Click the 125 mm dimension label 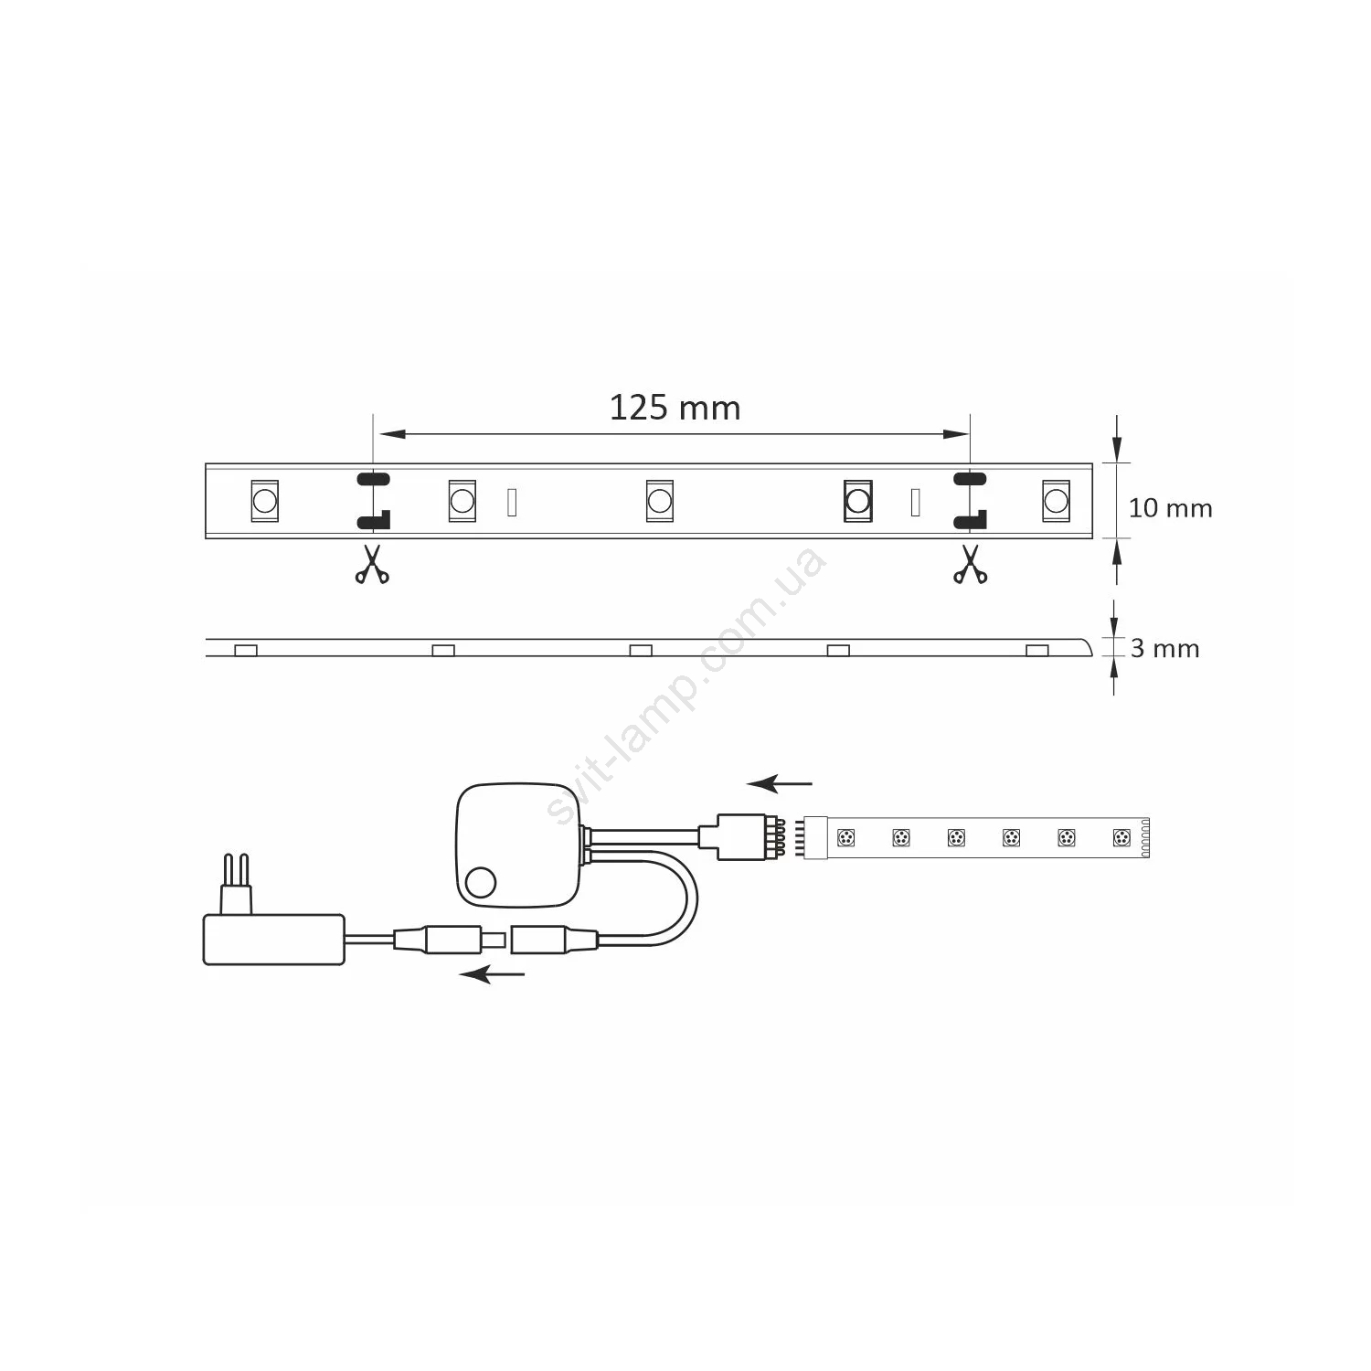(x=675, y=408)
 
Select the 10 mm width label (x=1170, y=508)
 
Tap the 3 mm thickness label (x=1164, y=649)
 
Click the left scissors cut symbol (x=372, y=564)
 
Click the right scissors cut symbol (x=970, y=564)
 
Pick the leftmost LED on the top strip (x=264, y=501)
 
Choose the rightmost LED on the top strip (x=1056, y=501)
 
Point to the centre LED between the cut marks (x=659, y=501)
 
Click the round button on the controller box (x=480, y=883)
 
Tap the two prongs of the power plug (x=237, y=883)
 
